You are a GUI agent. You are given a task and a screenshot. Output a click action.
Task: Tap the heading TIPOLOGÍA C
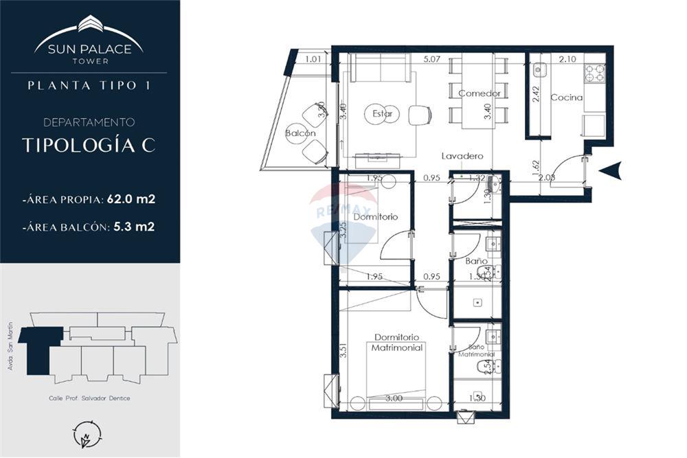pyautogui.click(x=89, y=146)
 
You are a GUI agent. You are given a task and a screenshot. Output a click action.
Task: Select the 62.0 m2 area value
pyautogui.click(x=131, y=200)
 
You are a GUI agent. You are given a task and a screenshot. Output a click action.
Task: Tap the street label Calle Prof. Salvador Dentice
pyautogui.click(x=89, y=398)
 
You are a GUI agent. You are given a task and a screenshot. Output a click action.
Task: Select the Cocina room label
pyautogui.click(x=566, y=98)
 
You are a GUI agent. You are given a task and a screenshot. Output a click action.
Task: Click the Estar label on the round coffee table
pyautogui.click(x=382, y=114)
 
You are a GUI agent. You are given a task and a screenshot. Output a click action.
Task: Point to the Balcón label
pyautogui.click(x=301, y=133)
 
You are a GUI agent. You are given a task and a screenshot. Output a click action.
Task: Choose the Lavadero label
pyautogui.click(x=462, y=156)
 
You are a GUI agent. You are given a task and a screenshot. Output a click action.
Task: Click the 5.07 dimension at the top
pyautogui.click(x=432, y=59)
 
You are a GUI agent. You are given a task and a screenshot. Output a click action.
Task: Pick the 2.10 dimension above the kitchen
pyautogui.click(x=567, y=59)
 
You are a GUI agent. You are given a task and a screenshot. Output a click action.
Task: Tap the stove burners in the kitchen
pyautogui.click(x=594, y=73)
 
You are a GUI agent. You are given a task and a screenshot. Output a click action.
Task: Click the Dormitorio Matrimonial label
pyautogui.click(x=397, y=343)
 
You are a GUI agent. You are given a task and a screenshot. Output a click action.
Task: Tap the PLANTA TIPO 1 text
pyautogui.click(x=89, y=86)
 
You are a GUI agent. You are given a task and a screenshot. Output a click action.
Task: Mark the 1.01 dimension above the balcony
pyautogui.click(x=314, y=59)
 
